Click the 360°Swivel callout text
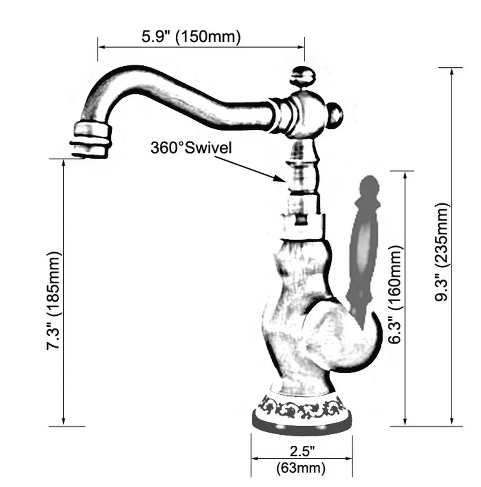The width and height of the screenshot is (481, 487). click(x=191, y=148)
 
